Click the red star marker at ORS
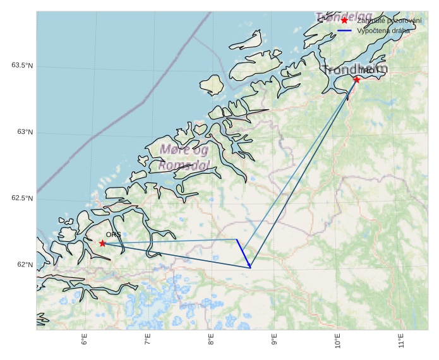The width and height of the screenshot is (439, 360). pyautogui.click(x=102, y=243)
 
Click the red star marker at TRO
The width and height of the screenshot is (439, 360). pyautogui.click(x=357, y=80)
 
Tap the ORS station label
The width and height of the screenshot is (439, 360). pyautogui.click(x=113, y=234)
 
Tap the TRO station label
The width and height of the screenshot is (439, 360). pyautogui.click(x=366, y=71)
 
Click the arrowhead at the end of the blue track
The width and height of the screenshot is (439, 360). pyautogui.click(x=250, y=267)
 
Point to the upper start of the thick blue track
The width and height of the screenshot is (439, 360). pyautogui.click(x=237, y=240)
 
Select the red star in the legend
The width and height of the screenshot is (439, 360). pyautogui.click(x=344, y=20)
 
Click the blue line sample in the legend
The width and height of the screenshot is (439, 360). pyautogui.click(x=344, y=30)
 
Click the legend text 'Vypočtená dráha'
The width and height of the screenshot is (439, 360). pyautogui.click(x=383, y=30)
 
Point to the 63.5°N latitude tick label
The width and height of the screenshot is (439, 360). pyautogui.click(x=21, y=66)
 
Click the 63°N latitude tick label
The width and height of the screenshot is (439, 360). pyautogui.click(x=25, y=132)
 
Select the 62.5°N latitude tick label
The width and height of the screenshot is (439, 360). pyautogui.click(x=21, y=198)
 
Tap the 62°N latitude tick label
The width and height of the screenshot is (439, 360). pyautogui.click(x=25, y=265)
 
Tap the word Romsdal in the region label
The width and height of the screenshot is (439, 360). pyautogui.click(x=184, y=165)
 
